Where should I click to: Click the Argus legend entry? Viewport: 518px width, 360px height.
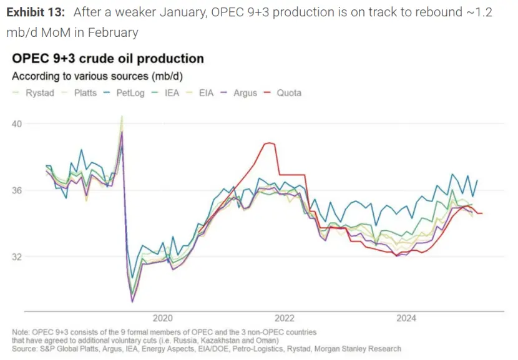(245, 93)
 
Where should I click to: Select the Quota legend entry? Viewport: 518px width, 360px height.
(289, 93)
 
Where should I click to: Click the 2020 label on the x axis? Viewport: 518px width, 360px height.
(162, 318)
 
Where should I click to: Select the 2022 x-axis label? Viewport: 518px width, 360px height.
(285, 318)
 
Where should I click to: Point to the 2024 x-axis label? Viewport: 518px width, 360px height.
(406, 318)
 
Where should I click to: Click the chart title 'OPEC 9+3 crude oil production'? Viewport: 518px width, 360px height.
(108, 59)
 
